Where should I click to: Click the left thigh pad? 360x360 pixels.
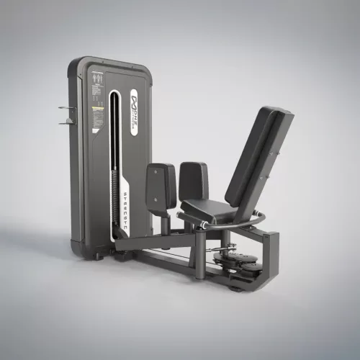coord(161,183)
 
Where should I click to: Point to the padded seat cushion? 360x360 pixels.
coord(210,210)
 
